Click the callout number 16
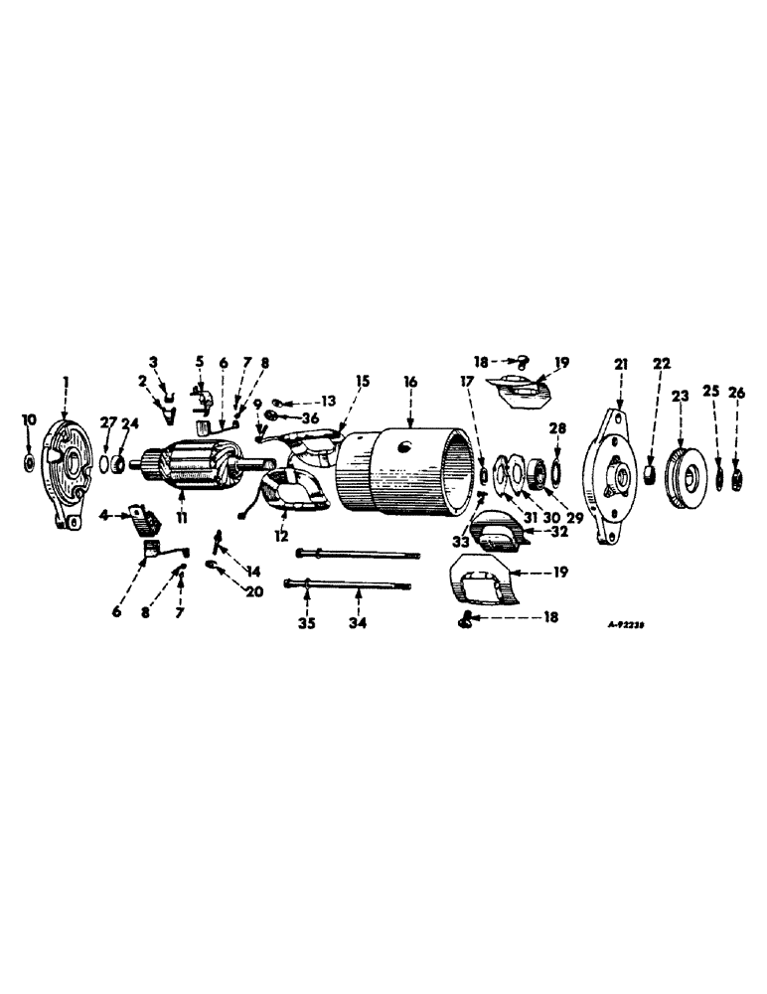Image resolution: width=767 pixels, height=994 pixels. [x=409, y=381]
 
